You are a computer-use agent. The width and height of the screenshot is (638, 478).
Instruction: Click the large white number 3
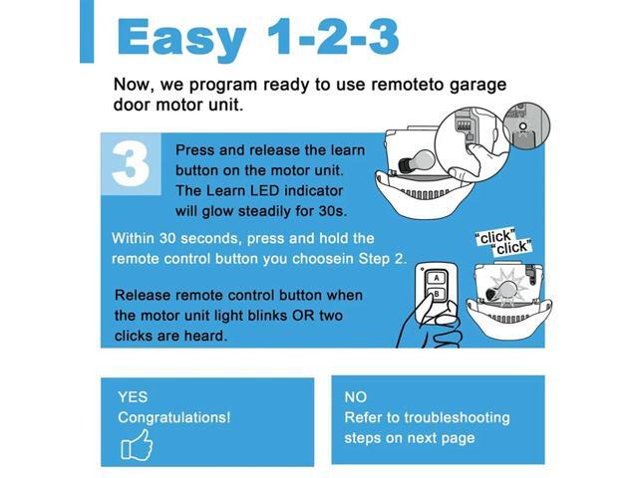point(131,164)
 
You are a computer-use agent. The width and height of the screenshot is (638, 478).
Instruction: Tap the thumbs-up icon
point(136,444)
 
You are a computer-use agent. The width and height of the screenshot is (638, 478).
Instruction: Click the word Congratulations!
point(173,417)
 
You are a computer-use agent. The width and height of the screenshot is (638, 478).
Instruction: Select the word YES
point(133,396)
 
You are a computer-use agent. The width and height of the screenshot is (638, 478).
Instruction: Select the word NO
point(356,396)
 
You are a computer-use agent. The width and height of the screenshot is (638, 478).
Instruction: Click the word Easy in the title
point(180,37)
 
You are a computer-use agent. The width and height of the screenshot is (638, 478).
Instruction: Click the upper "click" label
point(495,237)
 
